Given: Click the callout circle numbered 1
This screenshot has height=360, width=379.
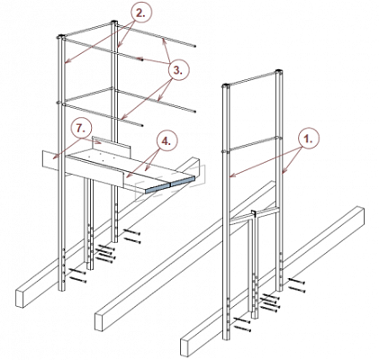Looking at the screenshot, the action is point(309,139).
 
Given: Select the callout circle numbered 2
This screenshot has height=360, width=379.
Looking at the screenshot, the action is point(141,13).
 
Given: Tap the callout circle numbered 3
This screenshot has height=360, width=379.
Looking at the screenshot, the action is point(179,70).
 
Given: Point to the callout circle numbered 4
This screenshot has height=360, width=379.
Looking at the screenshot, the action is point(167,141).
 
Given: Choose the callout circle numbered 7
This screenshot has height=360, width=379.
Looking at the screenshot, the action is point(81,129).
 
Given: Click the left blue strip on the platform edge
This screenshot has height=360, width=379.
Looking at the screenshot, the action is point(158,188).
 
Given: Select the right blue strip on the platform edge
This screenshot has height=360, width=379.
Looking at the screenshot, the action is point(183,181).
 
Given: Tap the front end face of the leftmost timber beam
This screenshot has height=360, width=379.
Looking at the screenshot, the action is point(20,298).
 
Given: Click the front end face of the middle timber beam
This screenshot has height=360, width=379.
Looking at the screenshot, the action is point(99,321).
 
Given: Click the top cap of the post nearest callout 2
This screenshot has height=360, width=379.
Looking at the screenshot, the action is point(113,22).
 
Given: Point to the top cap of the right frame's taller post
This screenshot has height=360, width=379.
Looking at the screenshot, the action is point(280,71).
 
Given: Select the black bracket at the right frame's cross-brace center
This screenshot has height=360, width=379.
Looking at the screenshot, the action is point(254,214).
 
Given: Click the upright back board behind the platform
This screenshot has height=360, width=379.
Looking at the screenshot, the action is point(112,145).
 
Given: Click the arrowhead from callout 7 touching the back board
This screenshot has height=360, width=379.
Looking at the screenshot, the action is point(101,143).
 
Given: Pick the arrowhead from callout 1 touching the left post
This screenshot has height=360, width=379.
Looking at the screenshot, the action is point(232,175).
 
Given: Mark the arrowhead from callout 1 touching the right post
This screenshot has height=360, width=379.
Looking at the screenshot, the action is point(284,171).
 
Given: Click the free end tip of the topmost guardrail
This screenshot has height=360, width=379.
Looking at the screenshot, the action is point(195,47).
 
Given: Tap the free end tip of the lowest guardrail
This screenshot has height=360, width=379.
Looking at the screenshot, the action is point(143,125).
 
